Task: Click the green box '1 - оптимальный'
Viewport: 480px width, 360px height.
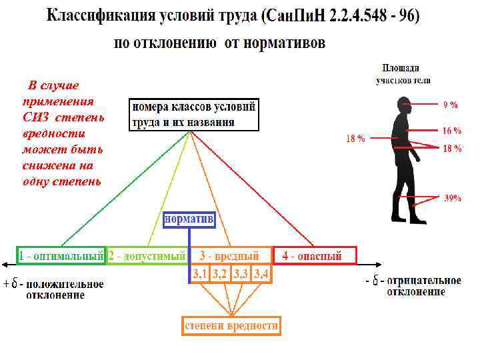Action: tap(61, 255)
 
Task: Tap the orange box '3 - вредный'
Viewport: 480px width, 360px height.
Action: tap(230, 255)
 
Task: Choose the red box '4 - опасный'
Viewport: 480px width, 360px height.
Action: tap(315, 255)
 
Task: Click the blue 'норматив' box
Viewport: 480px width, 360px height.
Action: tap(189, 219)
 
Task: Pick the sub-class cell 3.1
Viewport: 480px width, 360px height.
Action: tap(200, 274)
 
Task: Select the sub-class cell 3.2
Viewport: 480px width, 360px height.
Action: tap(219, 274)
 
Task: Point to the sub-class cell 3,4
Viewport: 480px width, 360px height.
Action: tap(261, 274)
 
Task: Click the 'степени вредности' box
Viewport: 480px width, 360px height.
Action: tap(231, 326)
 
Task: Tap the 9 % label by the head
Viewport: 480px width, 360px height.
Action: tap(451, 105)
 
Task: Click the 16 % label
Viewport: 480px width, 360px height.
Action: tap(452, 131)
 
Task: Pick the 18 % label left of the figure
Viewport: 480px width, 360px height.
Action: tap(355, 139)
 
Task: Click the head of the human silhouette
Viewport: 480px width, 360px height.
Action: tap(404, 106)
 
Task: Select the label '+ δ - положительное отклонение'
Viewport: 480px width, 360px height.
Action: tap(55, 289)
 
